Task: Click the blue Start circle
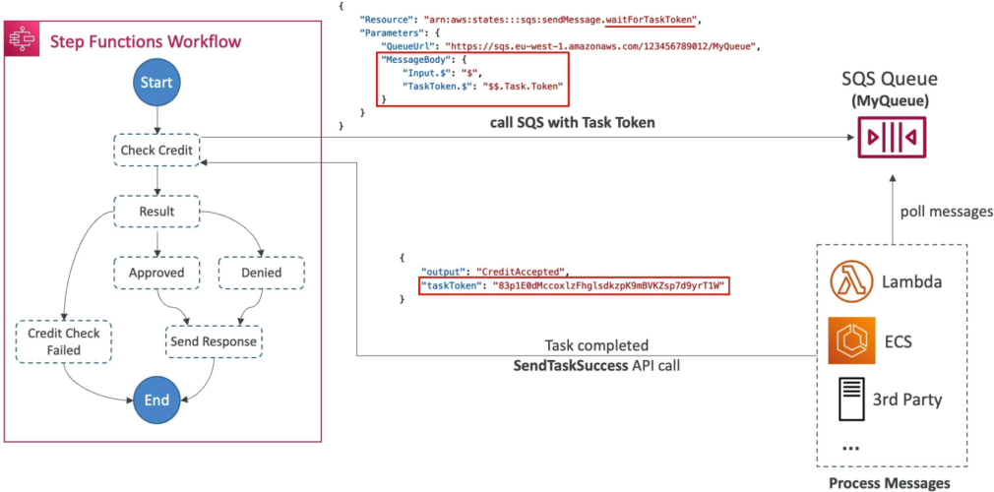click(x=156, y=83)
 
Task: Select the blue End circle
click(x=156, y=400)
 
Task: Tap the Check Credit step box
click(x=156, y=150)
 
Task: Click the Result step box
click(x=156, y=212)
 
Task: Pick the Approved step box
click(x=156, y=274)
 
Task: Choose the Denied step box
click(x=261, y=274)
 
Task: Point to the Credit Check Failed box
click(x=63, y=341)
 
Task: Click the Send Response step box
click(x=214, y=341)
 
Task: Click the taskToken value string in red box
click(x=608, y=285)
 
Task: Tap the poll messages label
click(x=947, y=212)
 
